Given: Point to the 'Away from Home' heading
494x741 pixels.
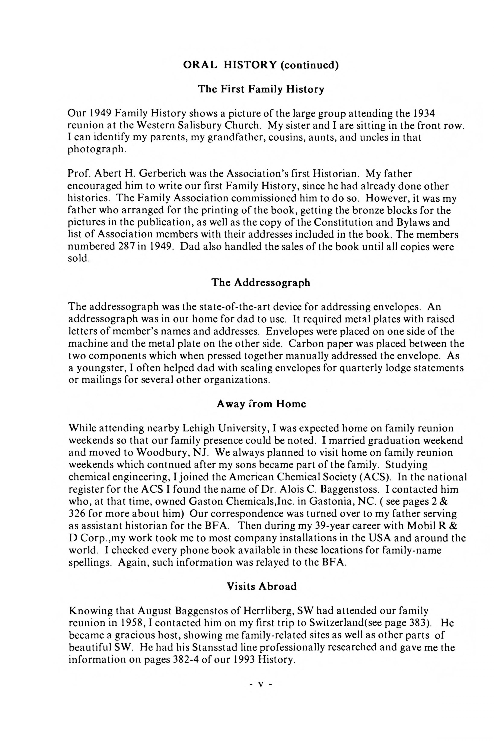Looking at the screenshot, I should (x=261, y=404).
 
